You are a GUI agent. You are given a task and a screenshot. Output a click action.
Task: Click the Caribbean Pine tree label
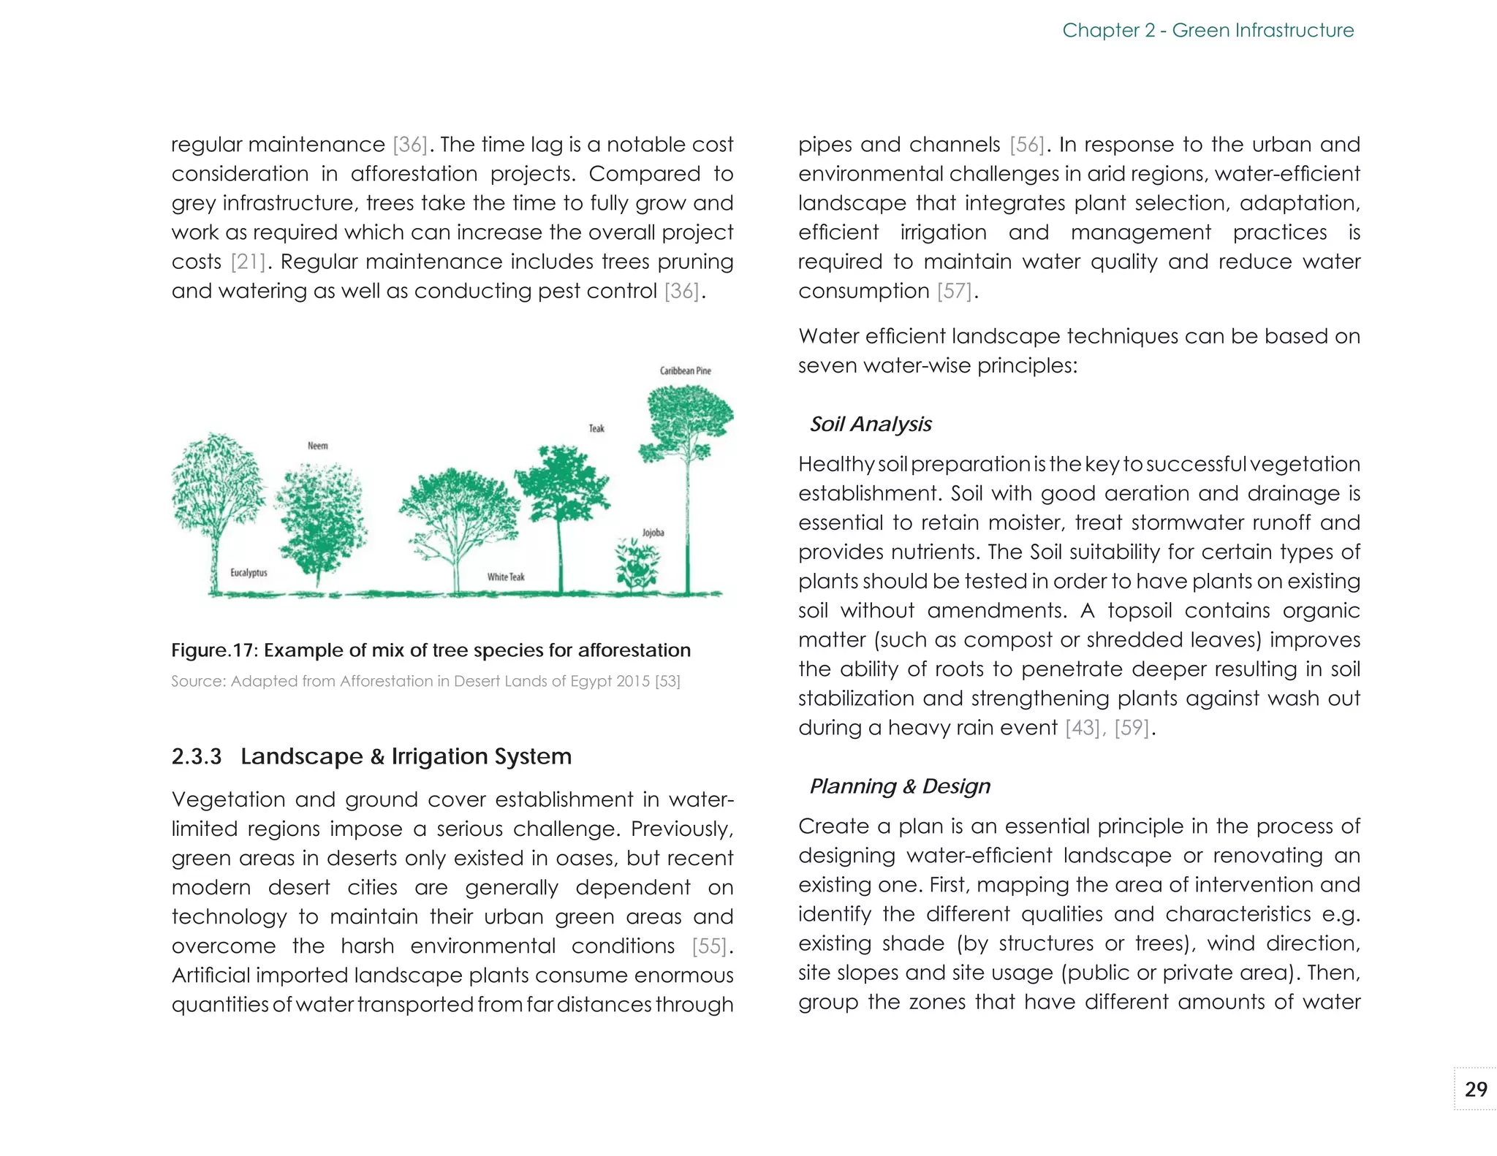pos(685,370)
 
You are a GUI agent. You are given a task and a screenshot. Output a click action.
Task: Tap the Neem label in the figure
pos(317,446)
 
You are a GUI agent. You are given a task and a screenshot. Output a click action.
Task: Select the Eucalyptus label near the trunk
pos(249,573)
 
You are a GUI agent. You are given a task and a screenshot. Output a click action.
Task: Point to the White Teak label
pos(506,577)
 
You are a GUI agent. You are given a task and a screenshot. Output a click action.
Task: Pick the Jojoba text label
pos(653,533)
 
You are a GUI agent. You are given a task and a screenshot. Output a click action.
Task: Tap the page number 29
pos(1476,1090)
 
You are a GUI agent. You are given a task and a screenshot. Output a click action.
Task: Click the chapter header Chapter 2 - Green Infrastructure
pos(1208,31)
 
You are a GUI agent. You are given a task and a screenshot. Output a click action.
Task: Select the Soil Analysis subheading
pos(870,425)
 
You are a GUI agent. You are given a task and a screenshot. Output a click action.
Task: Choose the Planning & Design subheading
pos(899,786)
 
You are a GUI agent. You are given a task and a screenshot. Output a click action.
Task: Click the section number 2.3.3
pos(196,756)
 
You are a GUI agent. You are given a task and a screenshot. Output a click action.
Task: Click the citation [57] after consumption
pos(955,292)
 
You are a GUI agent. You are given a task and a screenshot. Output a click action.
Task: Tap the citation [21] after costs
pos(247,262)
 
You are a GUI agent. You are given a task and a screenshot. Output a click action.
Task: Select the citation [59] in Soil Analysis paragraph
pos(1132,728)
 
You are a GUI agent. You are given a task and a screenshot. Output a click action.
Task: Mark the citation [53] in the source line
pos(667,682)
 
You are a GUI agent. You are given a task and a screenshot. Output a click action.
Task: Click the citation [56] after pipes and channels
pos(1027,145)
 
